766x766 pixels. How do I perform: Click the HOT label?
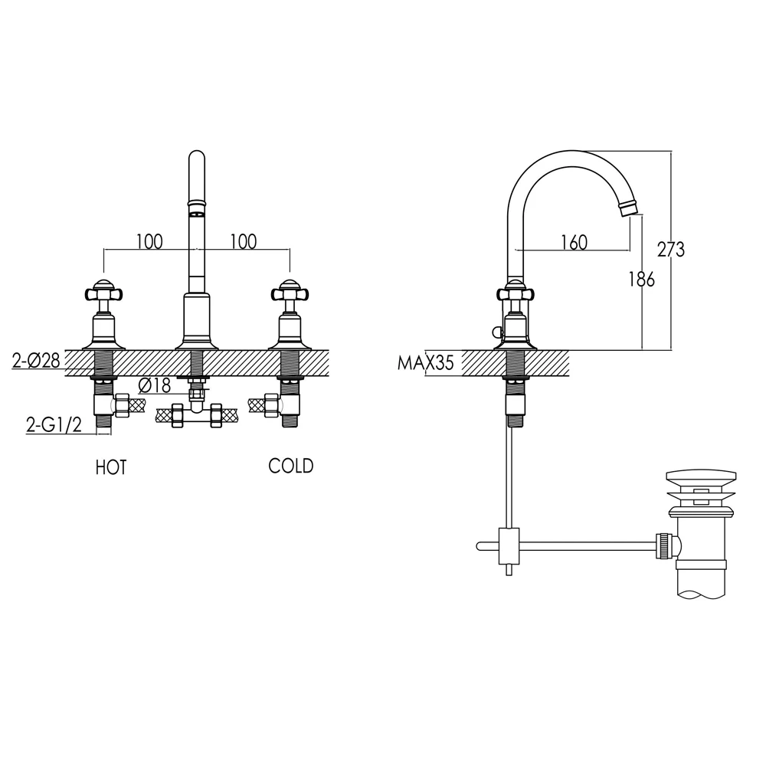[111, 467]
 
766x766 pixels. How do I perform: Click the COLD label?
[290, 466]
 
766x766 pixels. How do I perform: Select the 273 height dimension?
[671, 249]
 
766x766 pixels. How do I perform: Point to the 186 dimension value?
[641, 280]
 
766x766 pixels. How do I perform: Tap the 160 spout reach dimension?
[574, 242]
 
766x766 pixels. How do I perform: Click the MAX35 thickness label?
[426, 362]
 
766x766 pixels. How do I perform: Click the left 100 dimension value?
[150, 242]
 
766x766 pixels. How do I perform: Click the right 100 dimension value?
[243, 242]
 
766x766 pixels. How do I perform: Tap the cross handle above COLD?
[290, 292]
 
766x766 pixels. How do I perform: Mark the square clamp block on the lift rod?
[509, 545]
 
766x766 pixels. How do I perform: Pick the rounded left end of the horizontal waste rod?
[480, 546]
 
